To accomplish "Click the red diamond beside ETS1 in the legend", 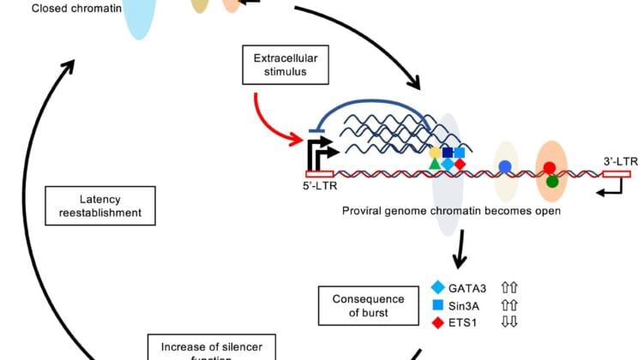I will tap(438, 321).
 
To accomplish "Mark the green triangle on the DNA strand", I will tap(435, 163).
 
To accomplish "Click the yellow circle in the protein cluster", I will tap(435, 152).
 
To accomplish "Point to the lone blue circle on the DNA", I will tap(506, 165).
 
